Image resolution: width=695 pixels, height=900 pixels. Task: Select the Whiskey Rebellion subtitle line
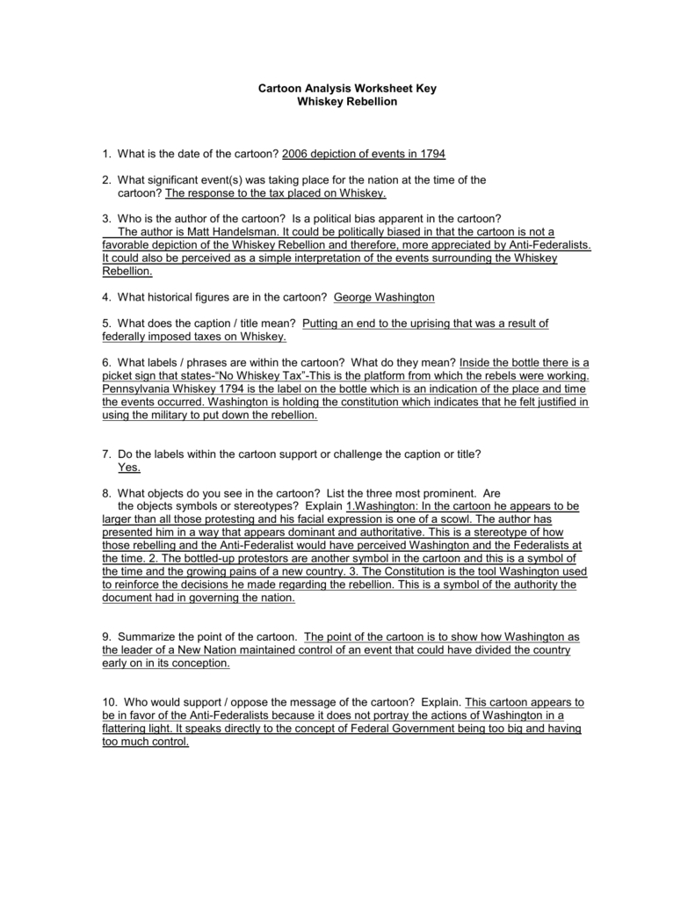click(x=347, y=102)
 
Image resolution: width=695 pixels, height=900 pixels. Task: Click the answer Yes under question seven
click(x=129, y=467)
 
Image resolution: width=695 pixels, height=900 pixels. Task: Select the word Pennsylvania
click(x=142, y=388)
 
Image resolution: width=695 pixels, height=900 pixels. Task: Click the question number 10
click(x=109, y=702)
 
